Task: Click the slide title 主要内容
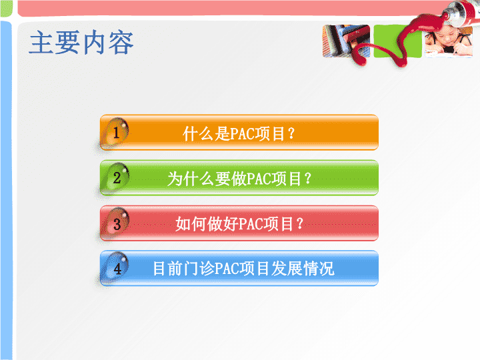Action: click(x=81, y=43)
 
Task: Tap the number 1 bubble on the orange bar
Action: click(x=116, y=133)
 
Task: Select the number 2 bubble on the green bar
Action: click(x=116, y=178)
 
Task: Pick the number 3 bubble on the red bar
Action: click(x=116, y=223)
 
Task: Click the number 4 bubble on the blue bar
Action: click(x=116, y=268)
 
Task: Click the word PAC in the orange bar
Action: click(x=242, y=134)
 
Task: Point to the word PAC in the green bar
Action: click(x=259, y=179)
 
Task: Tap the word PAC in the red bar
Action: click(x=251, y=224)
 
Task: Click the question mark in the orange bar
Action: click(x=291, y=133)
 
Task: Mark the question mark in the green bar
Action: click(x=308, y=179)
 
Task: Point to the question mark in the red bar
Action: click(x=300, y=224)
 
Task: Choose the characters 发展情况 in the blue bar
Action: click(x=303, y=269)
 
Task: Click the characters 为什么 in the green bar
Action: click(x=191, y=179)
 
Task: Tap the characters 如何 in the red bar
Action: click(x=191, y=224)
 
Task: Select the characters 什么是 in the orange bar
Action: click(x=206, y=134)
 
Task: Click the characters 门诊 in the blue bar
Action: click(x=199, y=269)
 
